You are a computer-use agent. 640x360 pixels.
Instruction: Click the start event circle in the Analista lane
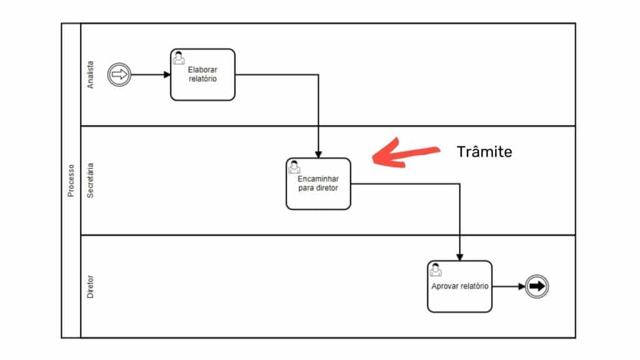[118, 75]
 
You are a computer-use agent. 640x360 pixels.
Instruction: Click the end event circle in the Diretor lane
[536, 287]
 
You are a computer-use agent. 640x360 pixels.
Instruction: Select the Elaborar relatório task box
[202, 75]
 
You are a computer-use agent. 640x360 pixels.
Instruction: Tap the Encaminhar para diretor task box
[318, 184]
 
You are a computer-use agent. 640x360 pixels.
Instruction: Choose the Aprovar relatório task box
[459, 287]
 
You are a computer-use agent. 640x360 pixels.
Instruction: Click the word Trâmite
[485, 152]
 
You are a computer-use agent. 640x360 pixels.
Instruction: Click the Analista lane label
[91, 75]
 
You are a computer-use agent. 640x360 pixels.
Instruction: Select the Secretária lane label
[91, 181]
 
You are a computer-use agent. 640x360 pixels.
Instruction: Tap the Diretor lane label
[91, 286]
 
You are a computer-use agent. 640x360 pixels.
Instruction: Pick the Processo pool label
[71, 181]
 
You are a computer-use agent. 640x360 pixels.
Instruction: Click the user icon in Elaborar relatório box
[179, 57]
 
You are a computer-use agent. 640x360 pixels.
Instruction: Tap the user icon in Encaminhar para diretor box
[294, 167]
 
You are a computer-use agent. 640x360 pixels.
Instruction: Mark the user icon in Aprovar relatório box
[436, 269]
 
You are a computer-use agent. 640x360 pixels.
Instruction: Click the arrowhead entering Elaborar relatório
[167, 75]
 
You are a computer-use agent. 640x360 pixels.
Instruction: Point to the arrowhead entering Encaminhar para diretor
[318, 154]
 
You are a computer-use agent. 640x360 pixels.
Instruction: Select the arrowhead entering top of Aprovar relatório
[460, 257]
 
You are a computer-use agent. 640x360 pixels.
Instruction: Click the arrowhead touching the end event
[521, 287]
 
